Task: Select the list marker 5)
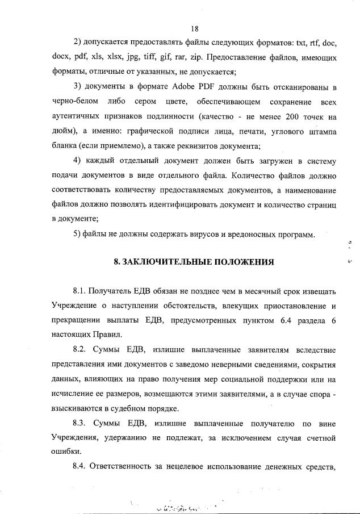(78, 235)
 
